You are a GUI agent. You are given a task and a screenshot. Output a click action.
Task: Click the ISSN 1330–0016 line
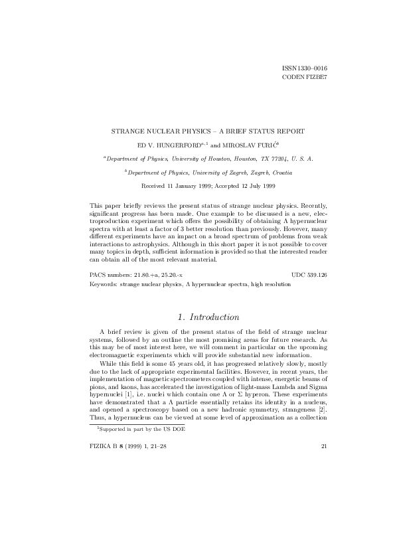[x=304, y=69]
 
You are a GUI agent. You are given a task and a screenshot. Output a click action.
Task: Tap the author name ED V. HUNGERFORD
[x=165, y=145]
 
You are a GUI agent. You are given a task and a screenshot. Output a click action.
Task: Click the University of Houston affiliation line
[x=197, y=159]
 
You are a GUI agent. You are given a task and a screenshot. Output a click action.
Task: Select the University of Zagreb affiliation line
[x=197, y=173]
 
